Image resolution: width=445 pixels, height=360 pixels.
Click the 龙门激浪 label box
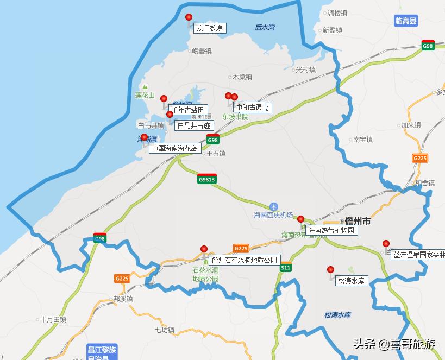[210, 28]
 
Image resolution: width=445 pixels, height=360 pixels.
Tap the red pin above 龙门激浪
[189, 17]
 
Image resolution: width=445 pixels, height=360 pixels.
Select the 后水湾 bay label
[265, 27]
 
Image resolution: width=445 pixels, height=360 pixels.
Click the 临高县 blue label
[406, 21]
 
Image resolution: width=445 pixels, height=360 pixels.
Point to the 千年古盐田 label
[187, 110]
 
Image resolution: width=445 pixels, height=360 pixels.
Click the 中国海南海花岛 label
[175, 148]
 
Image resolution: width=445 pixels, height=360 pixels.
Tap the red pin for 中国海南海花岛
[144, 137]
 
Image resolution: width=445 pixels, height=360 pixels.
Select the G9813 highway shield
[207, 180]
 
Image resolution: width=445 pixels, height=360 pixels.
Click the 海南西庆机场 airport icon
[273, 206]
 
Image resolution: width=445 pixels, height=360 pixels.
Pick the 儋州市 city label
[358, 222]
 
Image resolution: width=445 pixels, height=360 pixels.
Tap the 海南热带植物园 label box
[331, 230]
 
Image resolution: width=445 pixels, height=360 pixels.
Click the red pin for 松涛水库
[330, 270]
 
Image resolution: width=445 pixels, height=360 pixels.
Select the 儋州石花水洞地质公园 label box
[244, 260]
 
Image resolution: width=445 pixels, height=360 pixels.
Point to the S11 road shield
[286, 268]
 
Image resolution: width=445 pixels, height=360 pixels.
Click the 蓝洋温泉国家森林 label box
[418, 254]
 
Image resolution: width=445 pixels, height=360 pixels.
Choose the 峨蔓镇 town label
[202, 51]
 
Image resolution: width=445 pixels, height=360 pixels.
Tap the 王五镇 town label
[215, 154]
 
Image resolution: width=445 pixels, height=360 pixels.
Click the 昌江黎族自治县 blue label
[102, 352]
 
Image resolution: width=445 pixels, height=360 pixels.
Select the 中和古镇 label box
[249, 107]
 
